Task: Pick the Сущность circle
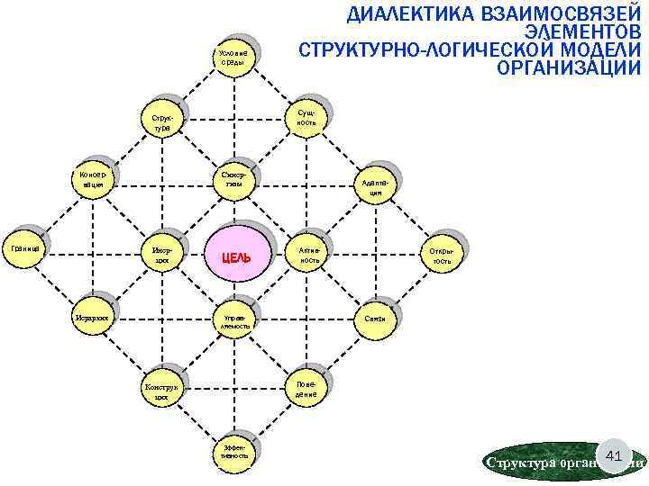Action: coord(306,116)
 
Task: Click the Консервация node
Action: coord(92,179)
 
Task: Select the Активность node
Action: coord(307,253)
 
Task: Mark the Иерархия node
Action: coord(93,318)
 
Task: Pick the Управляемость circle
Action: coord(233,321)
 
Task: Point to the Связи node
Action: coord(376,319)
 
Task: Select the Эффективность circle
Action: coord(233,450)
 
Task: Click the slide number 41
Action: coord(614,457)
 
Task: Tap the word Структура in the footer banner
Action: coord(516,463)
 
